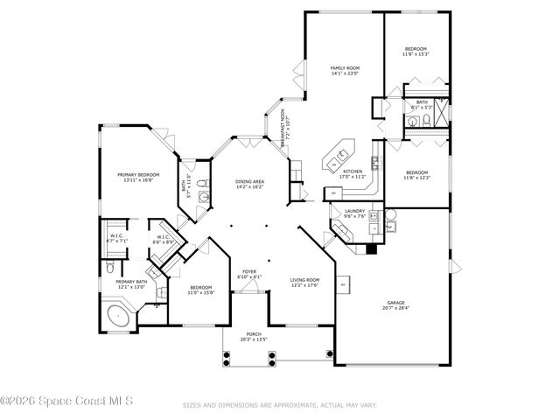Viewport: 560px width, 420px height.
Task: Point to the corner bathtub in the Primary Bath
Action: (x=115, y=317)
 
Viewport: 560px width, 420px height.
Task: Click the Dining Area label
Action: (x=250, y=181)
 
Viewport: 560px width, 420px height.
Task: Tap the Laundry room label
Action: (x=354, y=211)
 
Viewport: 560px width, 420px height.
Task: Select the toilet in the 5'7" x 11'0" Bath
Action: (x=202, y=183)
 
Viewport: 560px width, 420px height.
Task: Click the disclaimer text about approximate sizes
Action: (x=279, y=405)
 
